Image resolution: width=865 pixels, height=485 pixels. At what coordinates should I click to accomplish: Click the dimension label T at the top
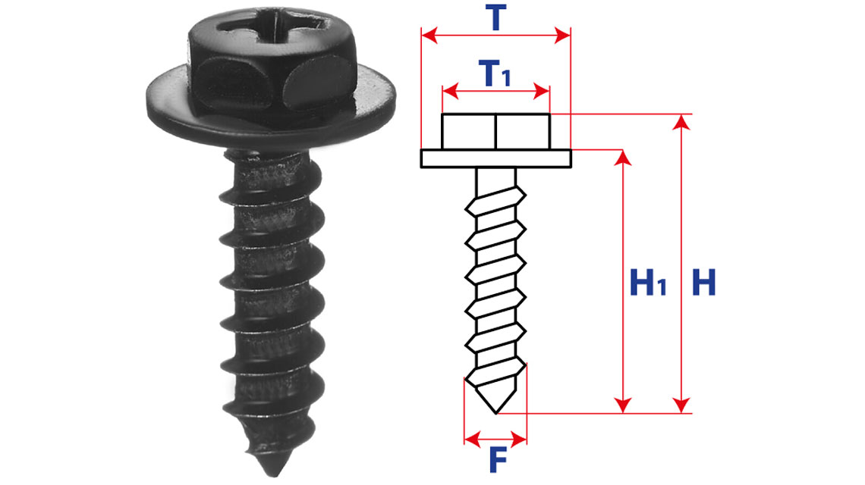495,17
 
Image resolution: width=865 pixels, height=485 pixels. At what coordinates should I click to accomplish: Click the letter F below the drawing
498,460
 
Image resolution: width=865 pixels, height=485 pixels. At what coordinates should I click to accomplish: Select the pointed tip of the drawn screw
496,413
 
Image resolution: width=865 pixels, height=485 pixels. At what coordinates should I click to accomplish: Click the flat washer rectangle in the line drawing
496,158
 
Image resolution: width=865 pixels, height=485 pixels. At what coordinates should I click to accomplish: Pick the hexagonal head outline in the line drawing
496,132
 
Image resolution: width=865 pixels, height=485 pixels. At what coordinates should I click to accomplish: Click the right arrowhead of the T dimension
562,36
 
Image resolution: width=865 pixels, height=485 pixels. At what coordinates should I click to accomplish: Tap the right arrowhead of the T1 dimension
542,91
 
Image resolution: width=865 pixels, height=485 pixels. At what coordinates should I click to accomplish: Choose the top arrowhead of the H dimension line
682,122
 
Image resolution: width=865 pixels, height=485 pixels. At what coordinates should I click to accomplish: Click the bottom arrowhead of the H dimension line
682,405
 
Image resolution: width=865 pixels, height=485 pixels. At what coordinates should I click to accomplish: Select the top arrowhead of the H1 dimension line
623,158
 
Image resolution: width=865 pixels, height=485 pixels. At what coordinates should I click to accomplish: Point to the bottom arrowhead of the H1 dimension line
623,405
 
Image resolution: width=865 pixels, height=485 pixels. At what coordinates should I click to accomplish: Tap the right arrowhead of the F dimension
520,440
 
